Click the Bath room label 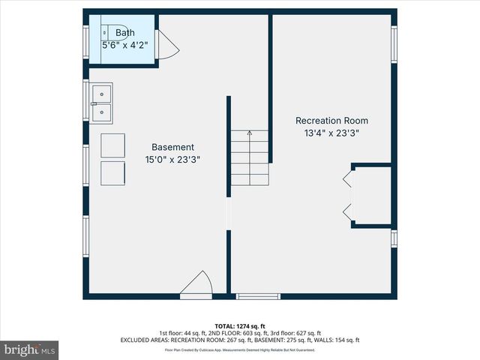(x=124, y=33)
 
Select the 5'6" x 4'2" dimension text (x=124, y=45)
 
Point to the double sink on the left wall (x=102, y=103)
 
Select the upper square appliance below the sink (x=113, y=145)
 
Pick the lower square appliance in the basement (x=113, y=172)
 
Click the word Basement (x=172, y=147)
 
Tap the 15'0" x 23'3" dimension (x=172, y=159)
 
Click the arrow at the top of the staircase (x=249, y=136)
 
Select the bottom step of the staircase (x=249, y=180)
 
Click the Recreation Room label (x=331, y=121)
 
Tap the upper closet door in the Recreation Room (x=347, y=179)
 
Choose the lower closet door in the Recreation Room (x=347, y=211)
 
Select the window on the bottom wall (x=258, y=296)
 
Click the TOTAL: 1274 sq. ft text (x=239, y=325)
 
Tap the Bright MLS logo (x=30, y=349)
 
